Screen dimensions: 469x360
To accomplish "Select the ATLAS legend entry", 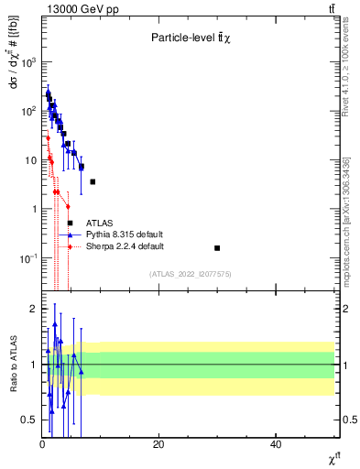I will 99,223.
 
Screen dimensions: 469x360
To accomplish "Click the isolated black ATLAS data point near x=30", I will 217,248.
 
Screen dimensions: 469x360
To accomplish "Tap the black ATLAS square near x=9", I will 93,182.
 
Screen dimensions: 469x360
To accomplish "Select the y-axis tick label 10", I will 29,160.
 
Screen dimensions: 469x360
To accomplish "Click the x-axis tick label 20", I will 158,444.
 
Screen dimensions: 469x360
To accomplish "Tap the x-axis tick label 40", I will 276,444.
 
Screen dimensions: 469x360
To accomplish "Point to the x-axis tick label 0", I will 42,444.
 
